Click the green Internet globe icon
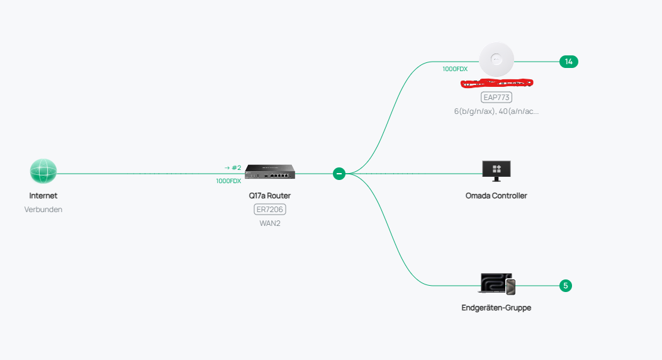click(43, 171)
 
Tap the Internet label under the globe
click(43, 196)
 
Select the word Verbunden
click(43, 210)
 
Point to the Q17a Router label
click(269, 196)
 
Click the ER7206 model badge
click(269, 210)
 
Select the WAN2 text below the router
click(269, 223)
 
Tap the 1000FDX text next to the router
click(228, 181)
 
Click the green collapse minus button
click(339, 173)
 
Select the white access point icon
click(496, 60)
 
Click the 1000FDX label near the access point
click(455, 69)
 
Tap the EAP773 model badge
click(496, 98)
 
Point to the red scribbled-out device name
click(496, 82)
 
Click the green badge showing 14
click(568, 62)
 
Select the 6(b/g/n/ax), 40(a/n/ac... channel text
click(496, 111)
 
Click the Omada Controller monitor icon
click(496, 171)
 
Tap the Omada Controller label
click(496, 196)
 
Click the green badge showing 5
click(566, 286)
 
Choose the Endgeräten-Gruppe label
click(496, 308)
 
